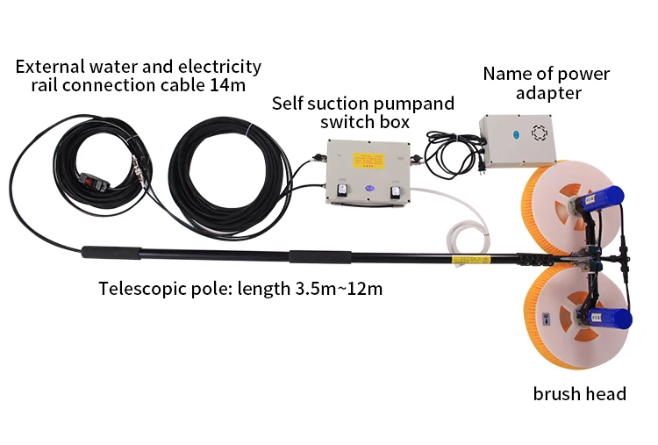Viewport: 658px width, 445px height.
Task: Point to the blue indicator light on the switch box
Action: pos(368,188)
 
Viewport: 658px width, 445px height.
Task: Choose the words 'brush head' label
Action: pos(579,393)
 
